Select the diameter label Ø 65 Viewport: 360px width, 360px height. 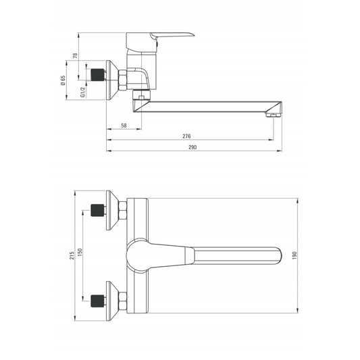point(63,81)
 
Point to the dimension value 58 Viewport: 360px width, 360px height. point(124,126)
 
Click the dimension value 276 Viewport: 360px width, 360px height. point(186,136)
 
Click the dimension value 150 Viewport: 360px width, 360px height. point(82,251)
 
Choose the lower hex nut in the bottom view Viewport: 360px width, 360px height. point(123,298)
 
